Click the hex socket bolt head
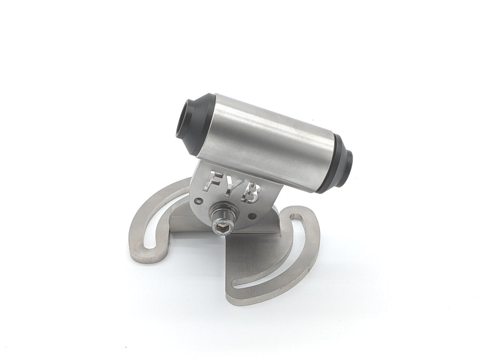[x=223, y=226]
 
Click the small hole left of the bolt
[x=200, y=201]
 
